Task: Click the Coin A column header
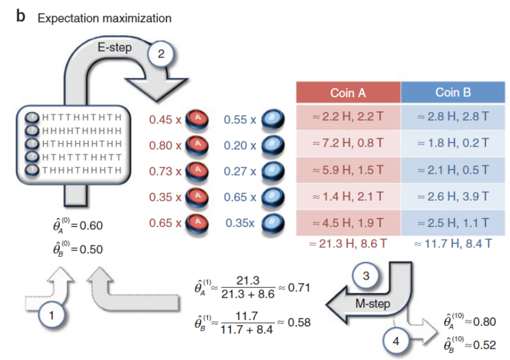point(348,93)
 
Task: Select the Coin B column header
point(453,93)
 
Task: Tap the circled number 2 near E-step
point(160,53)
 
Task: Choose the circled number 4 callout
point(397,341)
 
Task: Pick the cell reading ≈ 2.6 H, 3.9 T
point(453,196)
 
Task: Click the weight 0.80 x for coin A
point(165,145)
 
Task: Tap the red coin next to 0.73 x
point(197,171)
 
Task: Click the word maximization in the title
point(136,18)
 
